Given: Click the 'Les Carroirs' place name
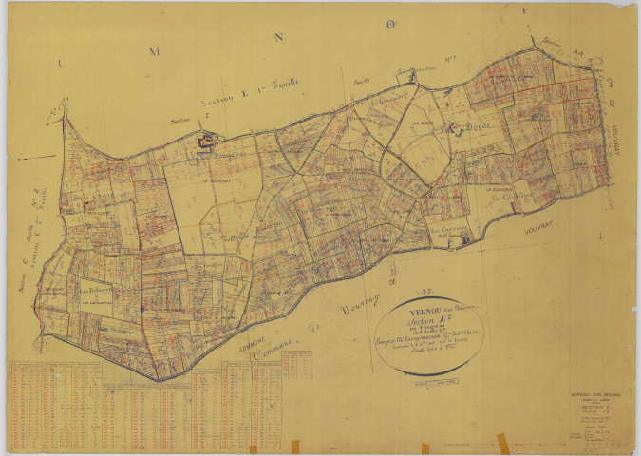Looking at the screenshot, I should click(447, 229).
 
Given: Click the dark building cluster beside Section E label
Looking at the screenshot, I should click(204, 142).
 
